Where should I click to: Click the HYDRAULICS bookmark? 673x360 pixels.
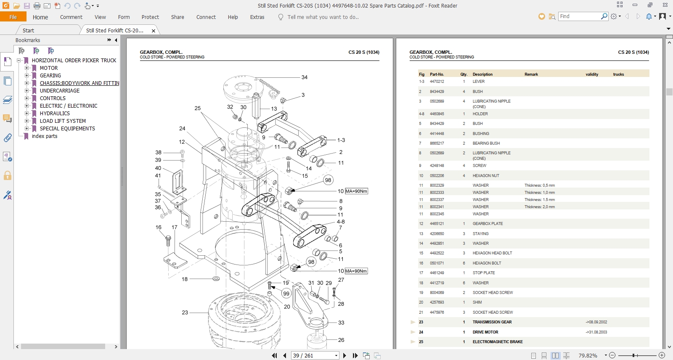pyautogui.click(x=55, y=114)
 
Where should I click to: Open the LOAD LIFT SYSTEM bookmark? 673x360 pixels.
pyautogui.click(x=63, y=121)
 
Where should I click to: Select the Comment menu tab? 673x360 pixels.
pyautogui.click(x=71, y=17)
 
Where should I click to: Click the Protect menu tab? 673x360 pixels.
pyautogui.click(x=150, y=17)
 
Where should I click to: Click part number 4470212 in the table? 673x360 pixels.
pyautogui.click(x=437, y=82)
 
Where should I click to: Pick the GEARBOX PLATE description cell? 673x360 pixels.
pyautogui.click(x=488, y=224)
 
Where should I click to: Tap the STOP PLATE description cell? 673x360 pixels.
pyautogui.click(x=483, y=273)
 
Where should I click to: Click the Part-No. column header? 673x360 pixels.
pyautogui.click(x=437, y=74)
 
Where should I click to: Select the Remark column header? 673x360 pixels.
pyautogui.click(x=531, y=74)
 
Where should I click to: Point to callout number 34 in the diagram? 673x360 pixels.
pyautogui.click(x=304, y=77)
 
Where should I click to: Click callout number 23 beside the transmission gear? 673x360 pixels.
pyautogui.click(x=185, y=312)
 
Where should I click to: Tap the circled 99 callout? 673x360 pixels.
pyautogui.click(x=286, y=294)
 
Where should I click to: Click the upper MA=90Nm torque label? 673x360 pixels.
pyautogui.click(x=356, y=191)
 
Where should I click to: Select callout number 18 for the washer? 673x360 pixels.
pyautogui.click(x=184, y=279)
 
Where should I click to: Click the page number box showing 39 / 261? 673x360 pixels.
pyautogui.click(x=315, y=355)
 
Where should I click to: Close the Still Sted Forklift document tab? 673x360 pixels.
pyautogui.click(x=154, y=31)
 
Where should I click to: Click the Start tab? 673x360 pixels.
pyautogui.click(x=28, y=31)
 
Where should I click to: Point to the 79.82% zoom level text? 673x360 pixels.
pyautogui.click(x=588, y=356)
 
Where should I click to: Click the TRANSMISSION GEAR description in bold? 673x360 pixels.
pyautogui.click(x=492, y=322)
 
